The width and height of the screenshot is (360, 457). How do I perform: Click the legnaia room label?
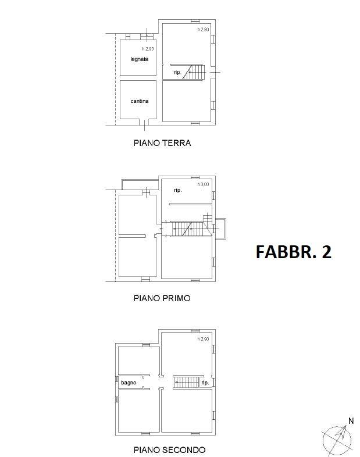point(140,59)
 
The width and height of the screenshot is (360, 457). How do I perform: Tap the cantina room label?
point(140,101)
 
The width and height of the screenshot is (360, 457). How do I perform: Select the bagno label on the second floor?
point(129,383)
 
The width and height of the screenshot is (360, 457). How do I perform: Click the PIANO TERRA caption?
point(162,143)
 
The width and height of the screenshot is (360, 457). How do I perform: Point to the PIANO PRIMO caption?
point(162,298)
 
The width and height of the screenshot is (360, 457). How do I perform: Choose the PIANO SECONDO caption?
point(169,449)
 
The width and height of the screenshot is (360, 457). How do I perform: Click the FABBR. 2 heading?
point(294,252)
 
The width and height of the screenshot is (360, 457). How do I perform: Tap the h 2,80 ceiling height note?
point(203,30)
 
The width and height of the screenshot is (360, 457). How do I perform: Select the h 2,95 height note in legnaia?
point(148,49)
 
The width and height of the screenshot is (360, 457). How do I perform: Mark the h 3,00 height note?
point(203,184)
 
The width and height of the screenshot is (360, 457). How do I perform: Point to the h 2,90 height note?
point(203,339)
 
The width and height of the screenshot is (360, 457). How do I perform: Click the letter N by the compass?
point(351,421)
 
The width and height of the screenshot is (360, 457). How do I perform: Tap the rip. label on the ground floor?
point(177,72)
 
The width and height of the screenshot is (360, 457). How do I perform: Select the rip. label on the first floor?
point(178,190)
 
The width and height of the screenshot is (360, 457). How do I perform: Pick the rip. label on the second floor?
point(205,383)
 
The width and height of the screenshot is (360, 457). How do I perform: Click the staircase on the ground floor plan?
point(194,72)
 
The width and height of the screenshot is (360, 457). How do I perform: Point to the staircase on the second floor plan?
point(186,383)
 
